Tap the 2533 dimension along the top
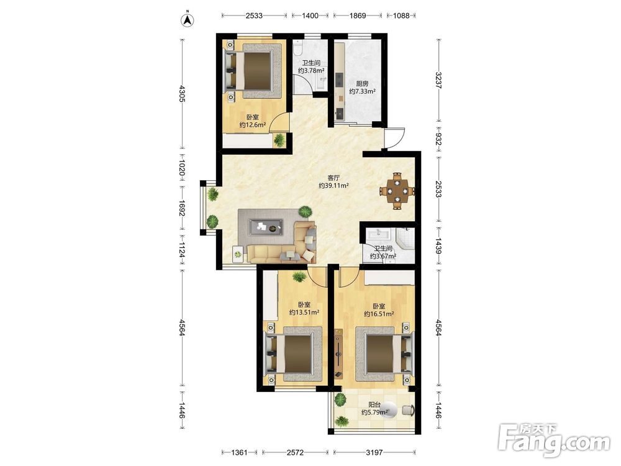[x=254, y=16]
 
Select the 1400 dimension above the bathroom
[x=310, y=16]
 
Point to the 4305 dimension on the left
[x=182, y=94]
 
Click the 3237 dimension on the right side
[x=438, y=80]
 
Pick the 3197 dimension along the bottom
[x=374, y=452]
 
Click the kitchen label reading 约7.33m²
[x=363, y=91]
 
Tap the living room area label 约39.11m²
[x=334, y=185]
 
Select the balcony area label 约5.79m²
[x=374, y=413]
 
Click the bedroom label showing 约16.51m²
[x=379, y=314]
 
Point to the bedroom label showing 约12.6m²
[x=252, y=126]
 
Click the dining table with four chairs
[x=397, y=191]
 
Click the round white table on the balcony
[x=388, y=409]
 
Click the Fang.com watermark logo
[x=555, y=440]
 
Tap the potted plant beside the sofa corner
[x=305, y=212]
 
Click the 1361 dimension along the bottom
[x=239, y=452]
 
